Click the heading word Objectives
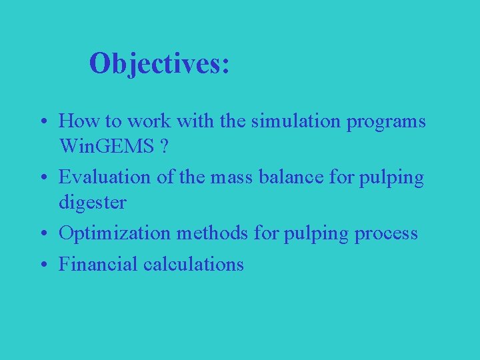click(159, 64)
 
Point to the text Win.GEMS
click(106, 145)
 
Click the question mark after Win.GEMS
click(163, 145)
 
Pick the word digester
click(92, 201)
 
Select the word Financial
click(98, 265)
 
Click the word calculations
click(194, 265)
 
